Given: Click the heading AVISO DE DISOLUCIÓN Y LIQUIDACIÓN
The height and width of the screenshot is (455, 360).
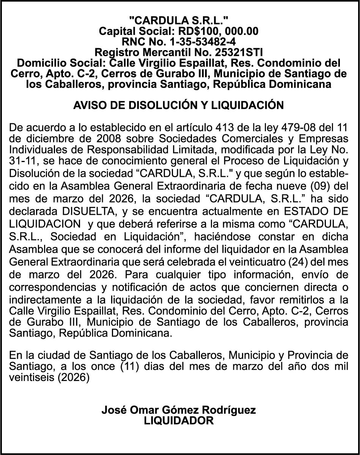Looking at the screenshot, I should click(x=178, y=105).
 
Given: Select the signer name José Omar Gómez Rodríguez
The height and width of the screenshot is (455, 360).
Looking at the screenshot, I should click(x=178, y=410).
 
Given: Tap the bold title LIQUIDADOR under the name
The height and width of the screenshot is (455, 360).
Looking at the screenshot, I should click(x=179, y=420).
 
